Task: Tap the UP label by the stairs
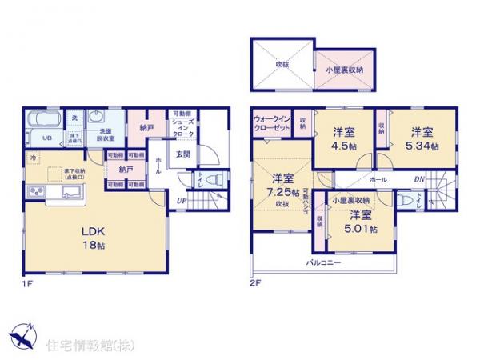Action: point(183,200)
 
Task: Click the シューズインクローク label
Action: point(182,132)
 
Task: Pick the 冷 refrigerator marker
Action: point(33,158)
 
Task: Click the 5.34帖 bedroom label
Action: point(421,138)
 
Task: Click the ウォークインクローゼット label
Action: point(272,123)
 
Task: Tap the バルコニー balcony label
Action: point(323,262)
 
